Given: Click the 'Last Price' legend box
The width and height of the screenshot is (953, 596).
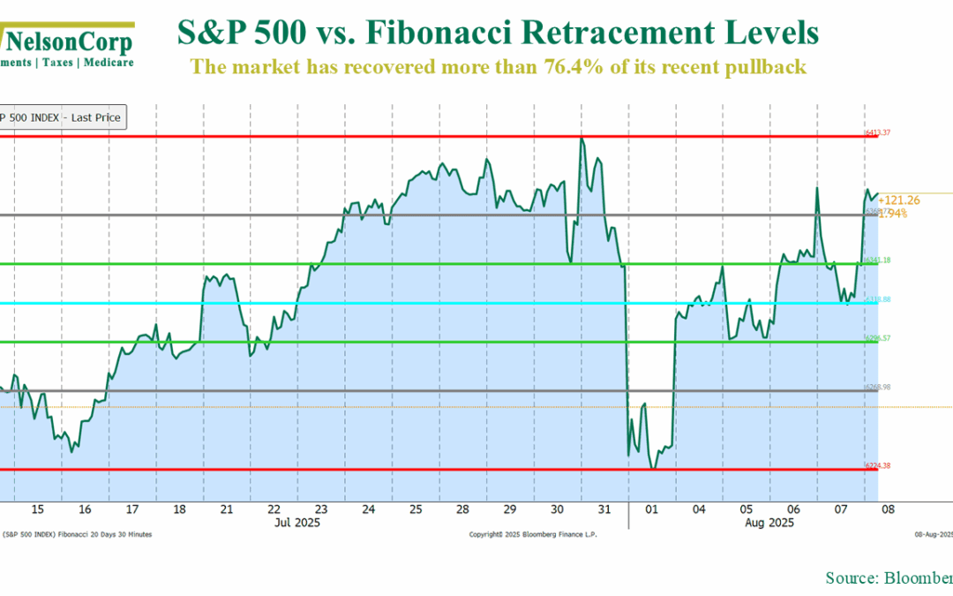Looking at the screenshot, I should pyautogui.click(x=62, y=117).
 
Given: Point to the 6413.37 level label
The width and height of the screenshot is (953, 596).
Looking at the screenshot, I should pyautogui.click(x=878, y=132).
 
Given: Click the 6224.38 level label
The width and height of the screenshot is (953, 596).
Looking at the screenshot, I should pyautogui.click(x=878, y=465).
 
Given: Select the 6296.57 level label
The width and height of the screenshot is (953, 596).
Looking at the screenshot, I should pyautogui.click(x=878, y=338).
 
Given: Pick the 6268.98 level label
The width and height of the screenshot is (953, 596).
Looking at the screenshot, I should pyautogui.click(x=878, y=387).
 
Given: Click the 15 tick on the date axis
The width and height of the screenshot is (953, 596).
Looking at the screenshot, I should pyautogui.click(x=37, y=509).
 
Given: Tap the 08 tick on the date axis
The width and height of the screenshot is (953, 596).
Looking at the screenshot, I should pyautogui.click(x=889, y=509).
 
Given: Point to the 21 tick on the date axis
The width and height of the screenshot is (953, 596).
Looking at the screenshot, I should pyautogui.click(x=227, y=509).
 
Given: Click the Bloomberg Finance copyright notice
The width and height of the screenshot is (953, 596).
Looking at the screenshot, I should pyautogui.click(x=532, y=535).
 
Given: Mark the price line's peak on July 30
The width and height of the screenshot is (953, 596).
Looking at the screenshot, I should pyautogui.click(x=582, y=138).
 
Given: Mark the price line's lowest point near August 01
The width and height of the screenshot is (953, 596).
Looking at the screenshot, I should pyautogui.click(x=653, y=468).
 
